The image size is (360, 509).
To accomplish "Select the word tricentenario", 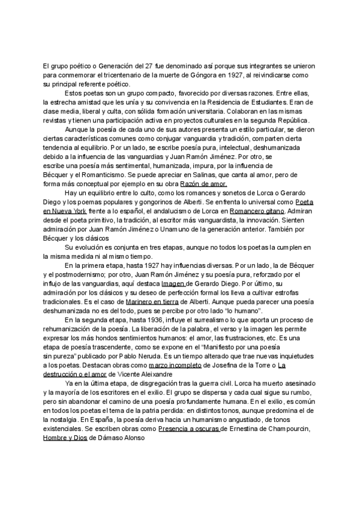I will (x=114, y=77).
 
